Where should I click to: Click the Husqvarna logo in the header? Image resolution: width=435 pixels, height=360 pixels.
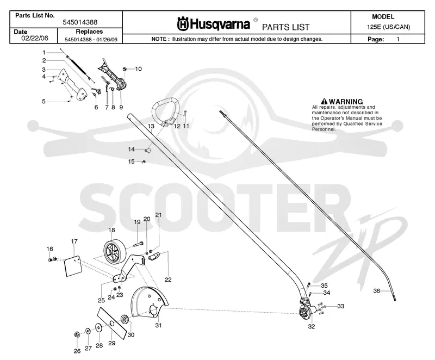point(214,23)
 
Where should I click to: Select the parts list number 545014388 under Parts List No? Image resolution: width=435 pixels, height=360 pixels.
point(80,22)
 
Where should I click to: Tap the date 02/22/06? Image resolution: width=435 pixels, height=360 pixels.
point(35,38)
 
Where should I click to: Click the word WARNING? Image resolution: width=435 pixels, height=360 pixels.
point(346,102)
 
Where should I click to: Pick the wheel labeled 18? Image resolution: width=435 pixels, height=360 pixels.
point(115,251)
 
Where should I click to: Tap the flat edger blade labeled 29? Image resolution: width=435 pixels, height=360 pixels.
point(111,324)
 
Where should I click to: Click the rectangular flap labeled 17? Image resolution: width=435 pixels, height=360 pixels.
point(73,266)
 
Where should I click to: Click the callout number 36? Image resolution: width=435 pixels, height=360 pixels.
point(376,290)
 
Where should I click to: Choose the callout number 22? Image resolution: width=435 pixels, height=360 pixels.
point(168,280)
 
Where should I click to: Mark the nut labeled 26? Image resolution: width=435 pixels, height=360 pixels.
point(77,335)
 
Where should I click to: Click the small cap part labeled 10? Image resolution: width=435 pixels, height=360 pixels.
point(125,69)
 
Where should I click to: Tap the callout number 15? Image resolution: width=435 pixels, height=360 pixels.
point(131,162)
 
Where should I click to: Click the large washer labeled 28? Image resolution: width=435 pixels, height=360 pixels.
point(98,328)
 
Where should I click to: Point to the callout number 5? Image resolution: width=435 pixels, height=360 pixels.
point(43,102)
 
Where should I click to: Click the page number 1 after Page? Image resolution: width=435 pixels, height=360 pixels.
point(398,39)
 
